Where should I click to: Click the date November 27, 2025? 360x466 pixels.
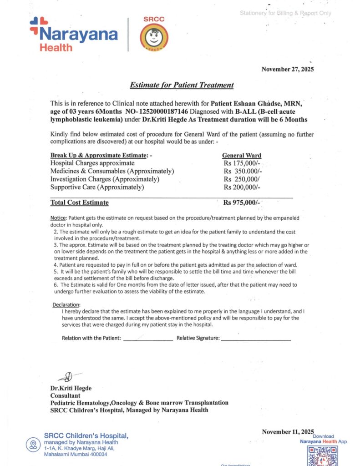(287, 70)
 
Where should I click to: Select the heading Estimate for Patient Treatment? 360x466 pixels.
(182, 85)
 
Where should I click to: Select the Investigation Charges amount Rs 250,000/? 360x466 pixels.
(241, 179)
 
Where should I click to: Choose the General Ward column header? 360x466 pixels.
(241, 155)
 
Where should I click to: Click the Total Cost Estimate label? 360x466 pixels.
(80, 203)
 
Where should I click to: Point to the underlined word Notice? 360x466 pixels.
(58, 218)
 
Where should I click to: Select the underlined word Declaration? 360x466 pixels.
(66, 305)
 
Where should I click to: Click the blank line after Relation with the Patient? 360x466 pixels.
(148, 339)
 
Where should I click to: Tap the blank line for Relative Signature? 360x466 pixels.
(255, 339)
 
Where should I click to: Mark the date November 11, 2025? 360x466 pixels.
(288, 431)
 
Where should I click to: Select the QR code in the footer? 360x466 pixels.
(322, 456)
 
